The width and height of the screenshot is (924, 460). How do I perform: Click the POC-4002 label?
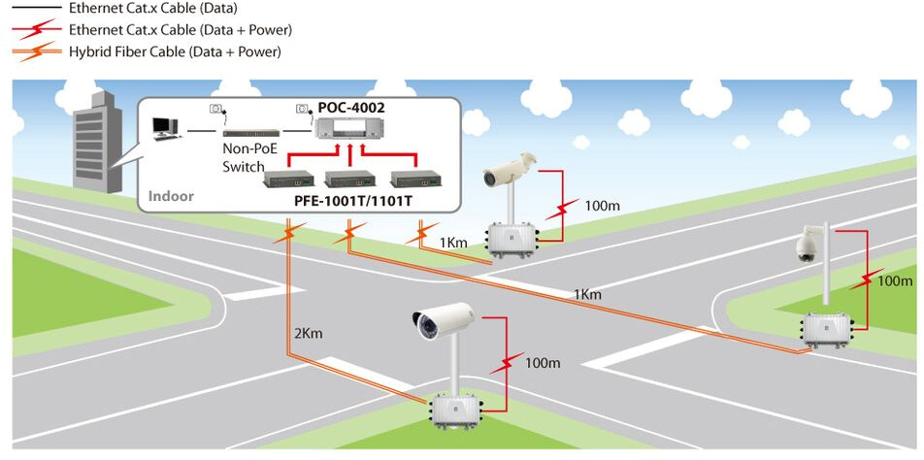tap(351, 105)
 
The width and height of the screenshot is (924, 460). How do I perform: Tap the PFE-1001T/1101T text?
tap(353, 201)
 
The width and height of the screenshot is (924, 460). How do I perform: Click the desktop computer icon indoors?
tap(166, 127)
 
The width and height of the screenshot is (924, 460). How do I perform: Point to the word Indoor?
tap(171, 196)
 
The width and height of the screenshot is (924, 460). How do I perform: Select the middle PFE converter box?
tap(349, 179)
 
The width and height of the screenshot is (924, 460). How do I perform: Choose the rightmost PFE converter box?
tap(412, 179)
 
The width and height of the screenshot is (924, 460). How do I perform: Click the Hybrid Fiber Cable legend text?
tap(175, 51)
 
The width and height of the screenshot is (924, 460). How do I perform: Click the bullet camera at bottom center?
tap(443, 321)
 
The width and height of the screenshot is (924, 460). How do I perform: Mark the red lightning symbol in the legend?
tap(34, 30)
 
